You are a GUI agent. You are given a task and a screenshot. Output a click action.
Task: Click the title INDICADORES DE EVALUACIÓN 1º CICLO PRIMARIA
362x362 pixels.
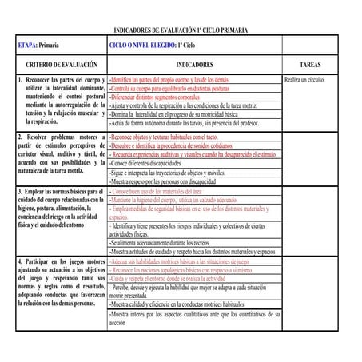181,29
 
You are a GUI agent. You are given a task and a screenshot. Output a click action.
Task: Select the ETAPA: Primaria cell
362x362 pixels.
40,46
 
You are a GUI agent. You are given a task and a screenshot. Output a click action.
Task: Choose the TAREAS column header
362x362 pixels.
316,66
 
